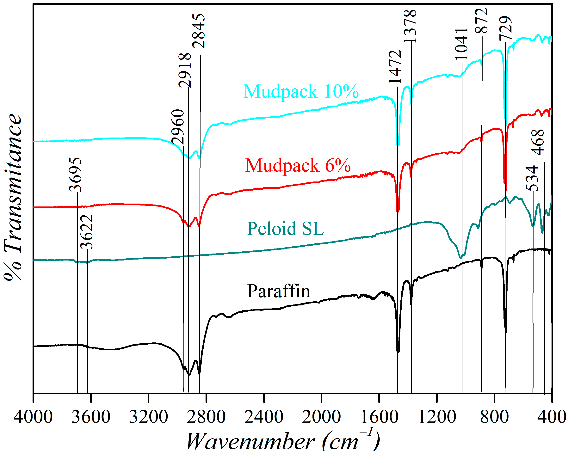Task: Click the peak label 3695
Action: point(75,174)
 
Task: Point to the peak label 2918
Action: point(185,70)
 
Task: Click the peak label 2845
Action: point(199,31)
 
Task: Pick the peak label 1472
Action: point(395,67)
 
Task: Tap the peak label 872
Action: point(482,20)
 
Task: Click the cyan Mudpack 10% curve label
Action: point(301,91)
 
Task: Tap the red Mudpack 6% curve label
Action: point(298,165)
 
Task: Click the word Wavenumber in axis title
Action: point(250,442)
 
